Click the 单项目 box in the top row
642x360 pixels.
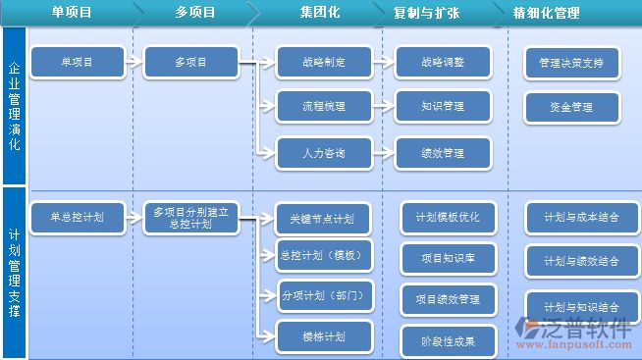[x=78, y=62]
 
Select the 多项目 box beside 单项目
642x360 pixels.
[x=191, y=62]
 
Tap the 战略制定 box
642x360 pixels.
[x=310, y=62]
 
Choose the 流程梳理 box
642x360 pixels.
[x=310, y=106]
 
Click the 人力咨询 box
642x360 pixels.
[x=310, y=153]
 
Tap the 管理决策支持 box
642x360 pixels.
[x=571, y=62]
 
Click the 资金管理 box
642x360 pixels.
[x=571, y=106]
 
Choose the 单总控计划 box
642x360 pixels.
[x=78, y=217]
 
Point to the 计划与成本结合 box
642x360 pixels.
[x=581, y=218]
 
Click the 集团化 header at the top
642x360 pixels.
[x=321, y=14]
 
